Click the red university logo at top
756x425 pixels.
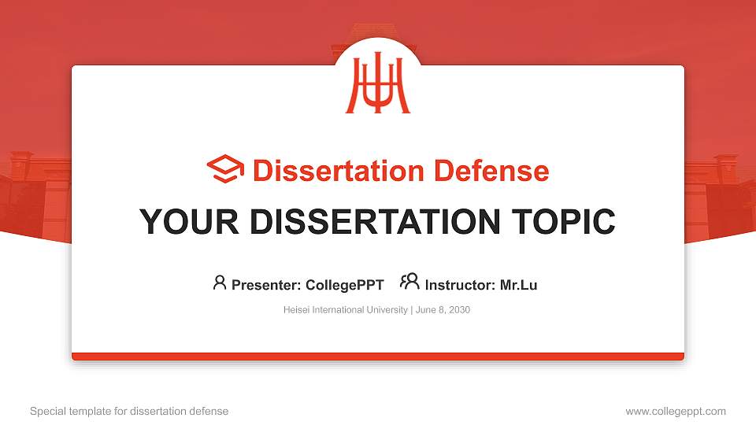pyautogui.click(x=378, y=85)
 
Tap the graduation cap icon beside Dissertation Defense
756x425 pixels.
pyautogui.click(x=225, y=169)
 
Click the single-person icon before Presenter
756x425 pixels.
pyautogui.click(x=220, y=283)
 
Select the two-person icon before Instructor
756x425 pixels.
pyautogui.click(x=409, y=282)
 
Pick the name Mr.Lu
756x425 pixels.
pyautogui.click(x=518, y=285)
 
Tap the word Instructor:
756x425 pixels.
pyautogui.click(x=460, y=285)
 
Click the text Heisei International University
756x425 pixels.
pyautogui.click(x=345, y=310)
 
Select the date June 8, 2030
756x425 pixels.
pyautogui.click(x=442, y=310)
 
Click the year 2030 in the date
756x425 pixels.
pyautogui.click(x=458, y=310)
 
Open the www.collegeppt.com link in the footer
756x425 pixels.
pyautogui.click(x=676, y=411)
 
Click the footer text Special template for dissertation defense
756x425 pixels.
pyautogui.click(x=129, y=411)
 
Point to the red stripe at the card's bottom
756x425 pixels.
pyautogui.click(x=378, y=357)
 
